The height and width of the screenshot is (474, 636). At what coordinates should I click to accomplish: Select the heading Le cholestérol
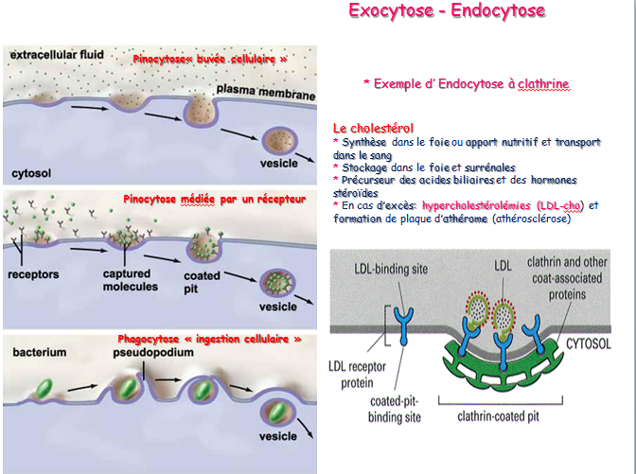point(373,128)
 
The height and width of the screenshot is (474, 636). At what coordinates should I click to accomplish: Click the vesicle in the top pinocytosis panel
point(280,141)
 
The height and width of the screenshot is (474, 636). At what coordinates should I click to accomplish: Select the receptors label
point(37,274)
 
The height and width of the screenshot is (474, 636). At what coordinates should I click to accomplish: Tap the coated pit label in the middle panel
point(202,281)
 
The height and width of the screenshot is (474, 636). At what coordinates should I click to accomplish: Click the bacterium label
point(39,352)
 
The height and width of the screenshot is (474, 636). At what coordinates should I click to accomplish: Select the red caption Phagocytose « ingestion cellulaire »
point(209,338)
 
